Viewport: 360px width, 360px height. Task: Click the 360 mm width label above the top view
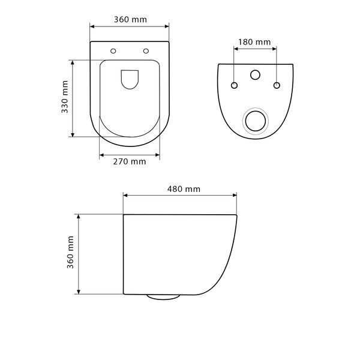point(130,20)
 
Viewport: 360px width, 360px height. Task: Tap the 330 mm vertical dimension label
point(65,97)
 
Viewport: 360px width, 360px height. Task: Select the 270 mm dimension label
point(130,161)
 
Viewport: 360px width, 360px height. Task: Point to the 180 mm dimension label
point(254,42)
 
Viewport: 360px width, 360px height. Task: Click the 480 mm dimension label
point(184,189)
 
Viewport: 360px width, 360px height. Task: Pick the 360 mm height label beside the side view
point(70,253)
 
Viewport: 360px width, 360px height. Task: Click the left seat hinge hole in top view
point(113,51)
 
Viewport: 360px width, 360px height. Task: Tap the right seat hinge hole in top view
point(146,51)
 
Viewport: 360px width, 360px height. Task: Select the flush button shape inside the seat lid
point(130,79)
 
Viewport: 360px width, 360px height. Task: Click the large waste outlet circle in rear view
point(256,121)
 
